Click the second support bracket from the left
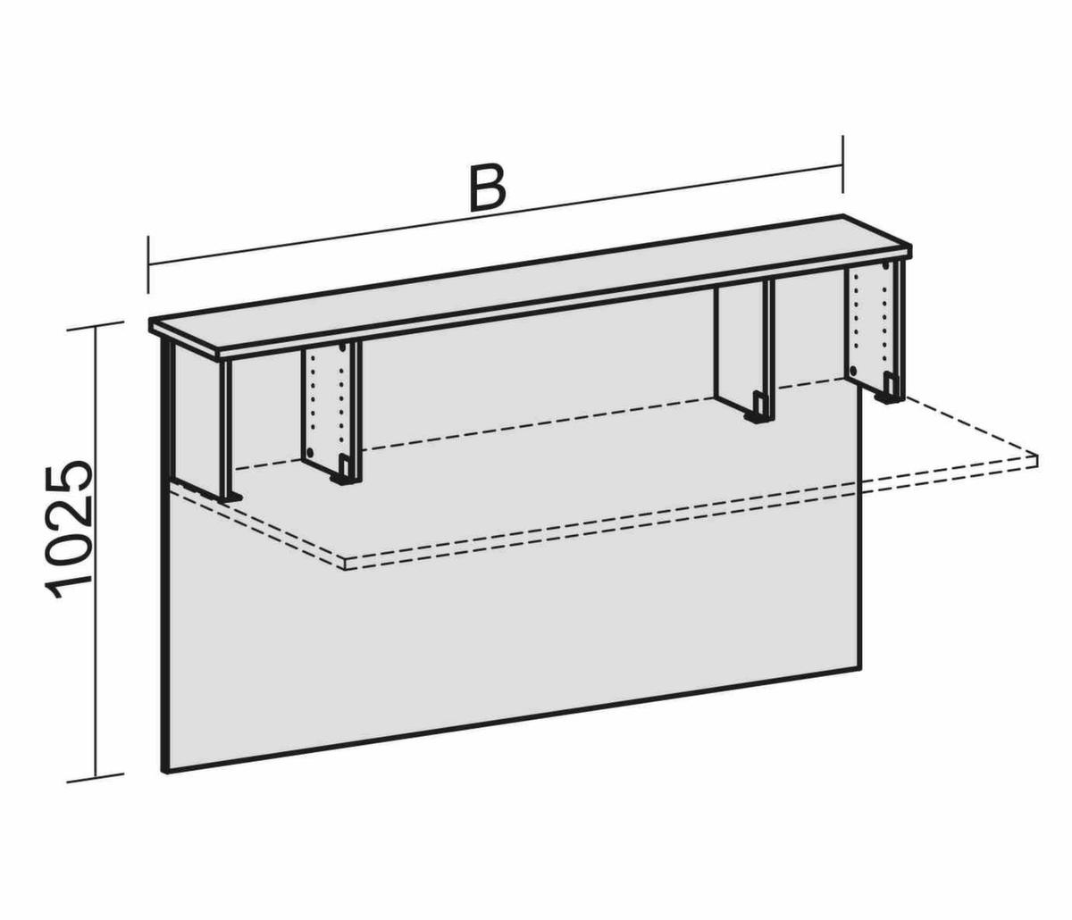[x=332, y=411]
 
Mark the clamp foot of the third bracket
[x=757, y=408]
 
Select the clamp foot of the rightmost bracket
[x=891, y=393]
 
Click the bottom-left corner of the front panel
[x=164, y=771]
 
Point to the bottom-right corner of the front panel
[x=863, y=666]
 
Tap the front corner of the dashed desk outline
[x=347, y=565]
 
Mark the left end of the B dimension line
[x=148, y=264]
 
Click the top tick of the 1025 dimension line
[x=96, y=326]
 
